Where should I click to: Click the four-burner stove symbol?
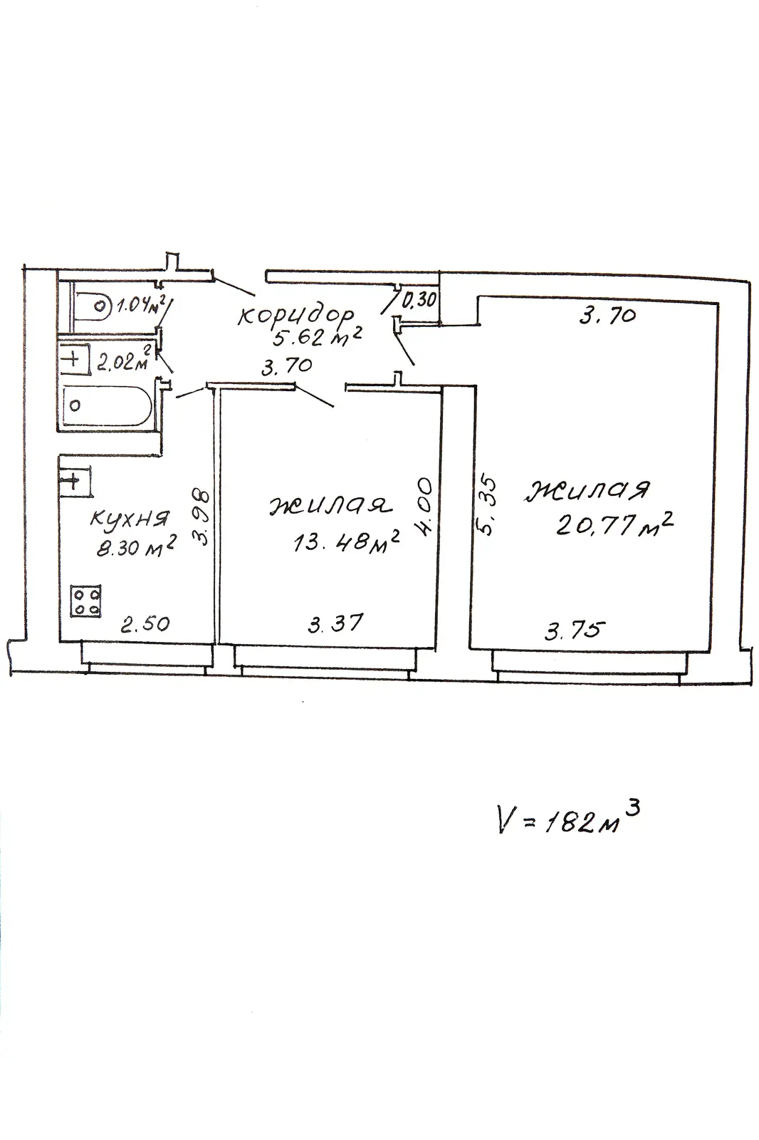[x=85, y=601]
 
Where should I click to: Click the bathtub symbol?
[x=106, y=405]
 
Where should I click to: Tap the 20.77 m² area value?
[x=614, y=524]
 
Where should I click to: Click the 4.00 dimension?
[x=425, y=505]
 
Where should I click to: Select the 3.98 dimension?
[x=202, y=517]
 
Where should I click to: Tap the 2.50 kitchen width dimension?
[x=145, y=623]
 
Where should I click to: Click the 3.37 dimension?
[x=336, y=623]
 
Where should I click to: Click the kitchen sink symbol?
[x=75, y=480]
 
